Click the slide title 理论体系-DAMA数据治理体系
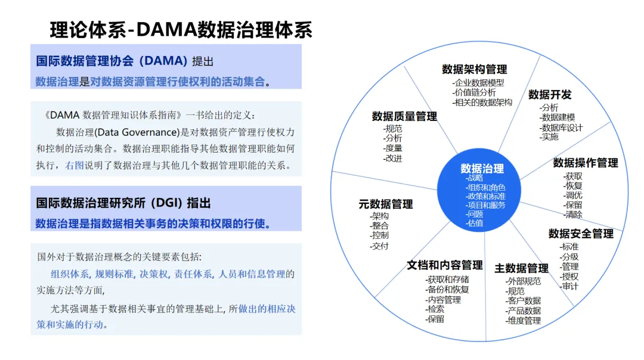point(181,30)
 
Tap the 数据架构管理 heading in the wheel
point(474,69)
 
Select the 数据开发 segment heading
point(550,95)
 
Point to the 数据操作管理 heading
point(585,163)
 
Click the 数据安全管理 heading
point(581,234)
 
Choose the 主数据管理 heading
point(521,268)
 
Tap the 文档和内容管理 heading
point(444,265)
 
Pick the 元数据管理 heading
point(385,204)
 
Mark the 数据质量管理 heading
point(404,116)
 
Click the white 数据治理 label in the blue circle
point(482,169)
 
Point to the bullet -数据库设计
point(561,128)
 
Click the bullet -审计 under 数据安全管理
point(569,286)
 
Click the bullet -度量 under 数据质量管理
point(392,148)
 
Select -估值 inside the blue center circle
point(475,224)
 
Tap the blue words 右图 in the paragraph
point(74,165)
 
